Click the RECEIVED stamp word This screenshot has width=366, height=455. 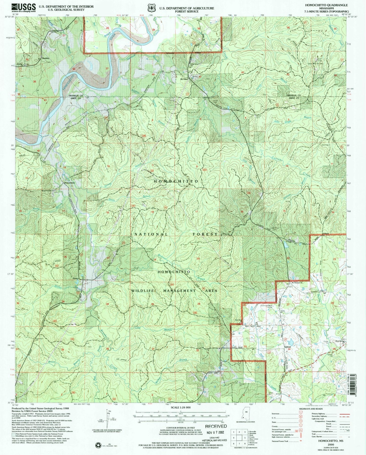tap(216, 426)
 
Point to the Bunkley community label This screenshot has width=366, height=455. tap(46, 58)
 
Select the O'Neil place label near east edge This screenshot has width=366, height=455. tap(325, 234)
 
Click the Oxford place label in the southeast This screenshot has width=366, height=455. tap(287, 347)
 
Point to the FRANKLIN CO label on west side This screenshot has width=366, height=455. tap(75, 95)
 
